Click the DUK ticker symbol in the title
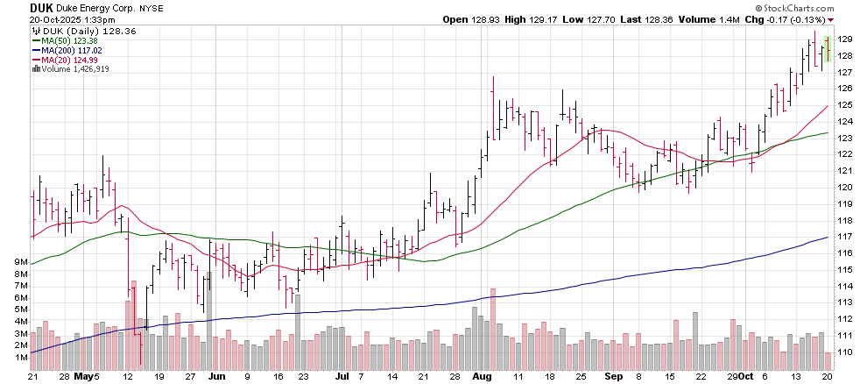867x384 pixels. coord(17,6)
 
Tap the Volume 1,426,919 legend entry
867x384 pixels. coord(71,69)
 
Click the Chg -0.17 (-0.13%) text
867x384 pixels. coord(787,19)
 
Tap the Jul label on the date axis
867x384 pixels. coord(342,377)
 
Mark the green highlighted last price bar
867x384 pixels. coord(828,50)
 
